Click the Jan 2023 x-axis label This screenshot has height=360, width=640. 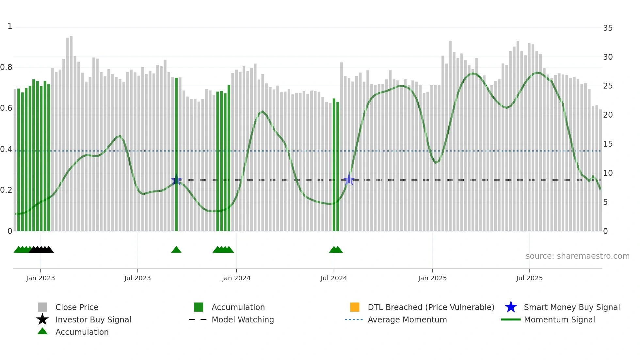(x=40, y=278)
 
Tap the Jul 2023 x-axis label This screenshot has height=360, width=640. (x=137, y=278)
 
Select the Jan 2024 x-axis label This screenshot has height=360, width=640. (x=236, y=278)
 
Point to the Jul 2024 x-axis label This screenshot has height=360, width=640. (x=334, y=278)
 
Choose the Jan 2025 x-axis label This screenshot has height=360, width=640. (x=432, y=278)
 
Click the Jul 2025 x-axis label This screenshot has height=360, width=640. (x=529, y=278)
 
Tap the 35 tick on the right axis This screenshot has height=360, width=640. (x=608, y=28)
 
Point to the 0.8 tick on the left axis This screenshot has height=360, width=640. (x=6, y=67)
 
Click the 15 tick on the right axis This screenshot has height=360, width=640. (x=608, y=144)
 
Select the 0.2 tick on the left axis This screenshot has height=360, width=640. (x=6, y=190)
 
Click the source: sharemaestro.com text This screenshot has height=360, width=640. (x=577, y=256)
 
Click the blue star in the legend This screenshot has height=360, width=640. (x=511, y=307)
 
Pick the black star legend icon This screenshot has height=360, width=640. (x=42, y=319)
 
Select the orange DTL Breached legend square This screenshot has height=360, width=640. (x=355, y=307)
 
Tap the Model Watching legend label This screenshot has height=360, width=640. (x=243, y=319)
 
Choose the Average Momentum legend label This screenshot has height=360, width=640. (x=407, y=319)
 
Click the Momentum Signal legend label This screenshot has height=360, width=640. (x=559, y=319)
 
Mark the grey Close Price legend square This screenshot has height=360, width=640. (x=42, y=307)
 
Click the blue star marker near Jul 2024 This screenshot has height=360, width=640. (x=349, y=180)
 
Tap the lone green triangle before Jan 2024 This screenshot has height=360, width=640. (x=176, y=250)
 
